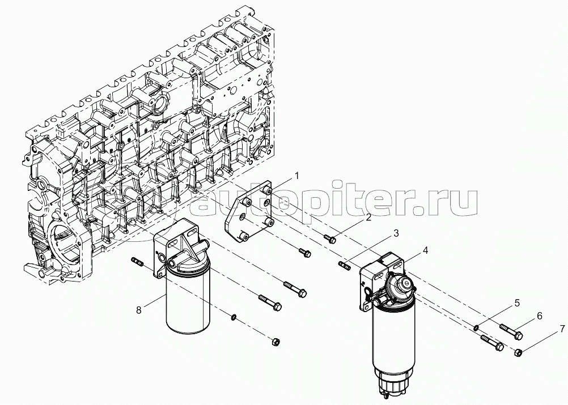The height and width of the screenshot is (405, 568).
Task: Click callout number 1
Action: click(296, 176)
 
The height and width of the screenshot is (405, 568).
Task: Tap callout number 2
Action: click(368, 218)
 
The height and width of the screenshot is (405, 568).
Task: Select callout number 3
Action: click(396, 233)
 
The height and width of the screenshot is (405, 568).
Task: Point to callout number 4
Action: click(425, 250)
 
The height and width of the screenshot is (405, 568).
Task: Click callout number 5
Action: click(517, 303)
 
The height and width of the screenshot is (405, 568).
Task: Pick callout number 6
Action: click(540, 316)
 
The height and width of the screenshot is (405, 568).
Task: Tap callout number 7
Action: click(562, 329)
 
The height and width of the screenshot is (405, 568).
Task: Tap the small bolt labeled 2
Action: click(330, 238)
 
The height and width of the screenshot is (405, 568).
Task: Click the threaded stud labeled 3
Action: click(345, 265)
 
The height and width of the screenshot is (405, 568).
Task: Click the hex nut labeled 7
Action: click(518, 352)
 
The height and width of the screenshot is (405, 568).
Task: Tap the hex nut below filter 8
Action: click(276, 342)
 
